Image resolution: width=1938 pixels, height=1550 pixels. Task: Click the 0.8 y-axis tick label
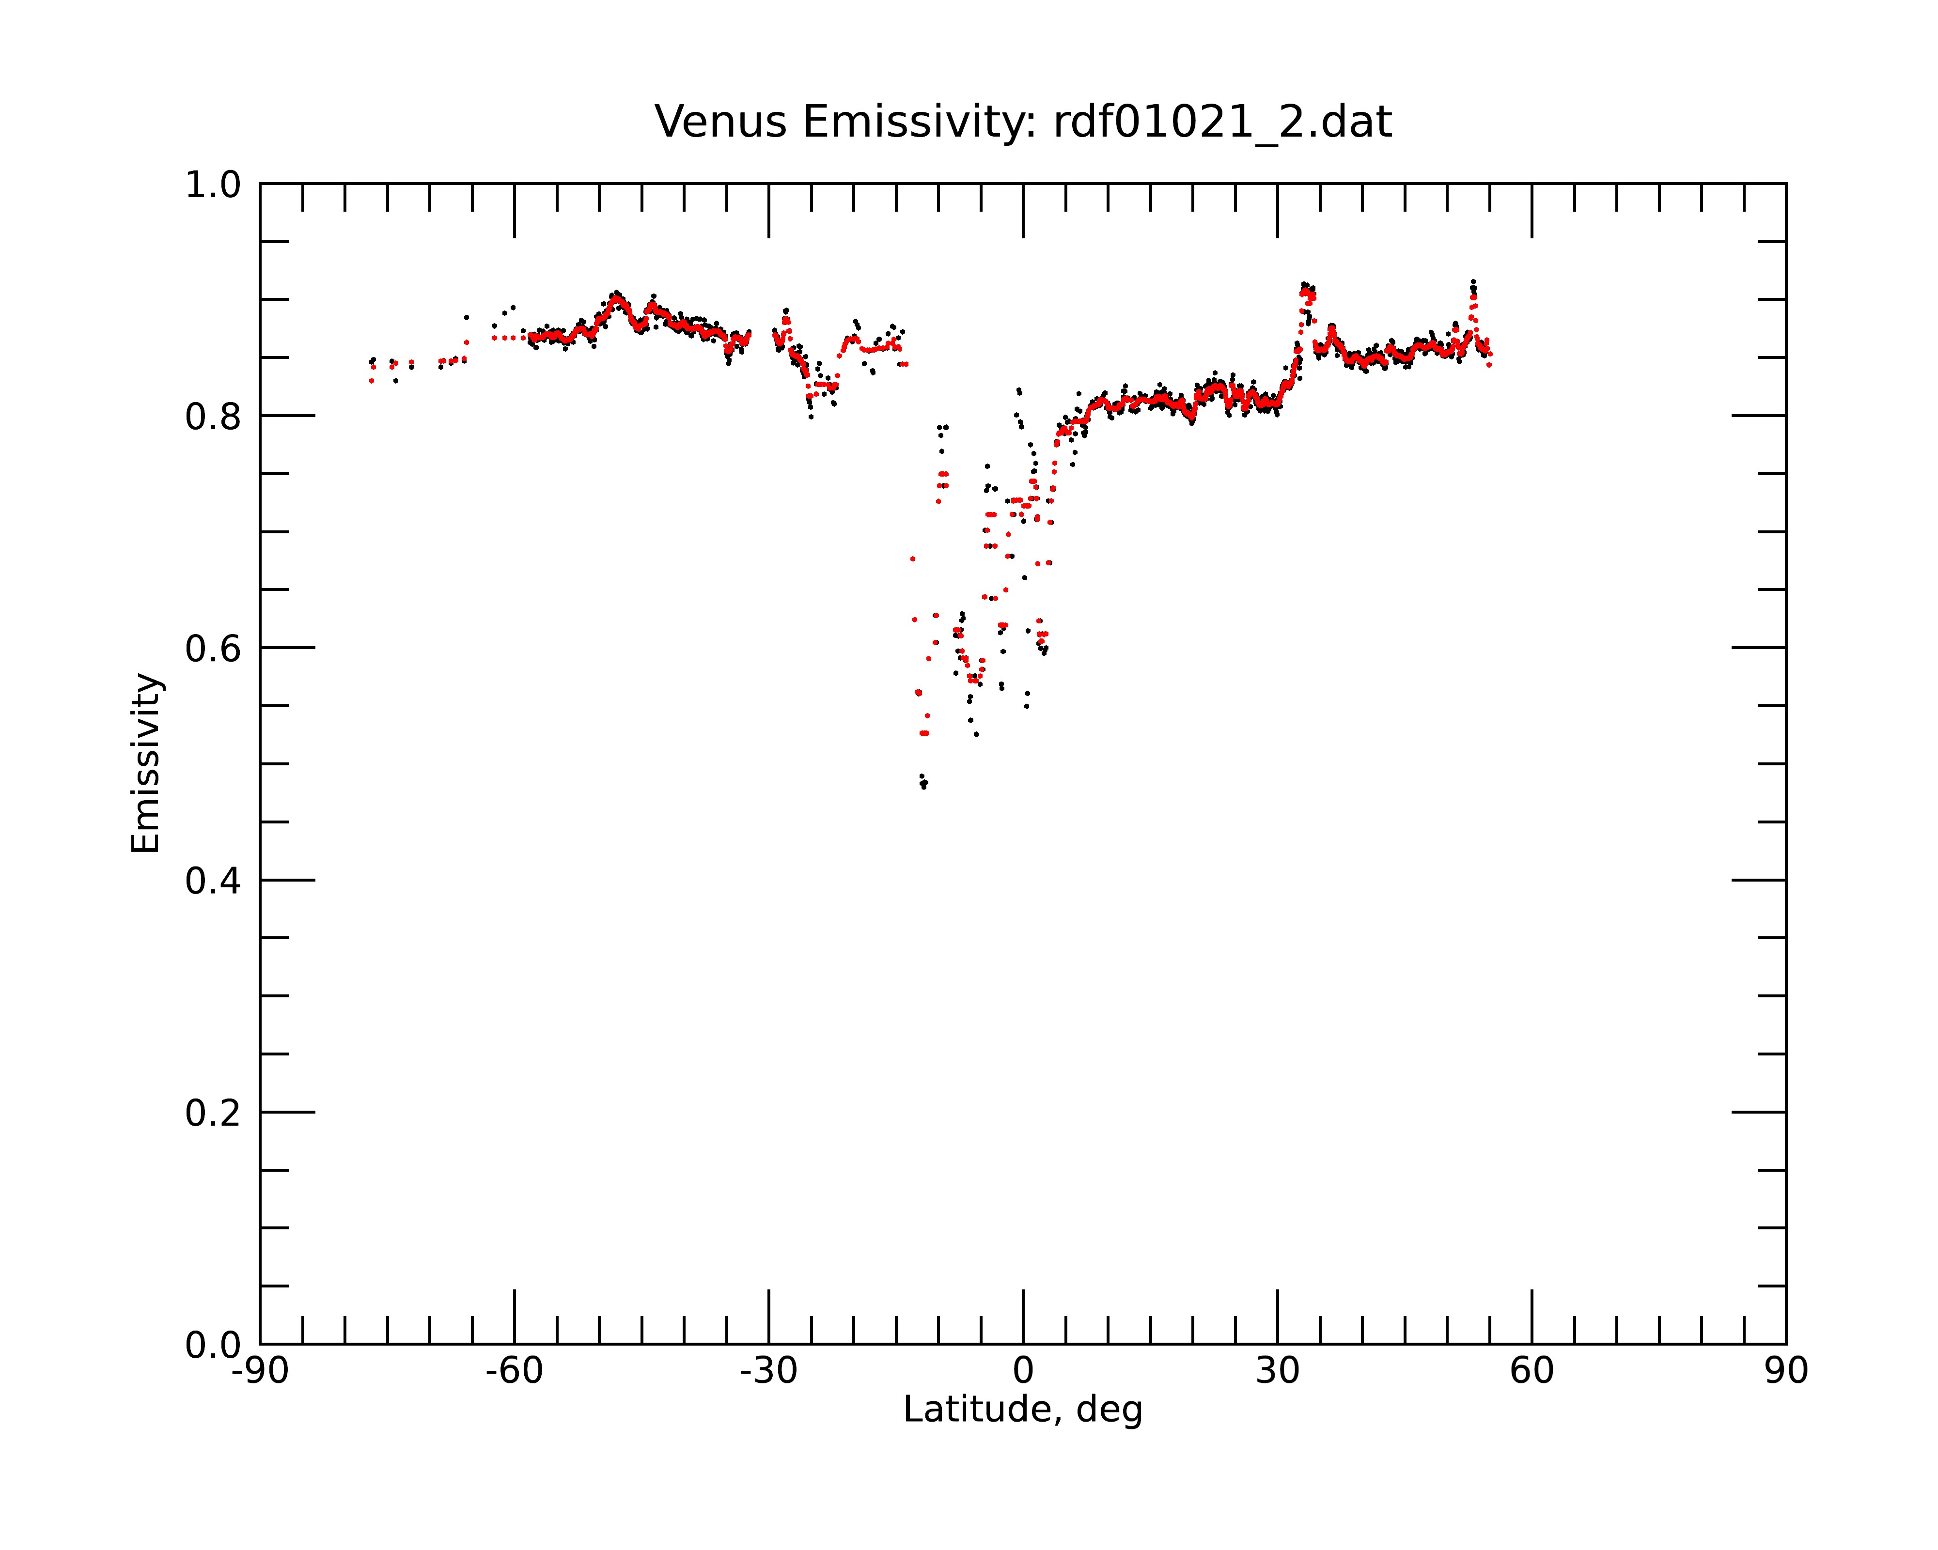tap(213, 417)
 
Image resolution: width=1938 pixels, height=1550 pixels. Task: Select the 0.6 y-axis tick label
tap(213, 649)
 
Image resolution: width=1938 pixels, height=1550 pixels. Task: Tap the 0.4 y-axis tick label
tap(213, 882)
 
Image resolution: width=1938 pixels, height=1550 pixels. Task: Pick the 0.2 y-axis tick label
tap(213, 1113)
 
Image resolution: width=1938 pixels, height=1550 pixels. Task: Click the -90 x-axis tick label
tap(260, 1371)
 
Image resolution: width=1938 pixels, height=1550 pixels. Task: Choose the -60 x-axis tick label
tap(514, 1371)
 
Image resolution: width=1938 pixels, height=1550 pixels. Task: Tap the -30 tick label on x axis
tap(768, 1371)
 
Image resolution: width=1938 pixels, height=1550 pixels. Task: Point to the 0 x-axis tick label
tap(1023, 1371)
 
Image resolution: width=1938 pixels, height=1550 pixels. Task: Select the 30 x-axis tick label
tap(1277, 1371)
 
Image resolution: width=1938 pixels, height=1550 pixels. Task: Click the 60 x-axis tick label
tap(1532, 1371)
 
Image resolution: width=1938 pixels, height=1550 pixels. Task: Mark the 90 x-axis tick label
tap(1786, 1371)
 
